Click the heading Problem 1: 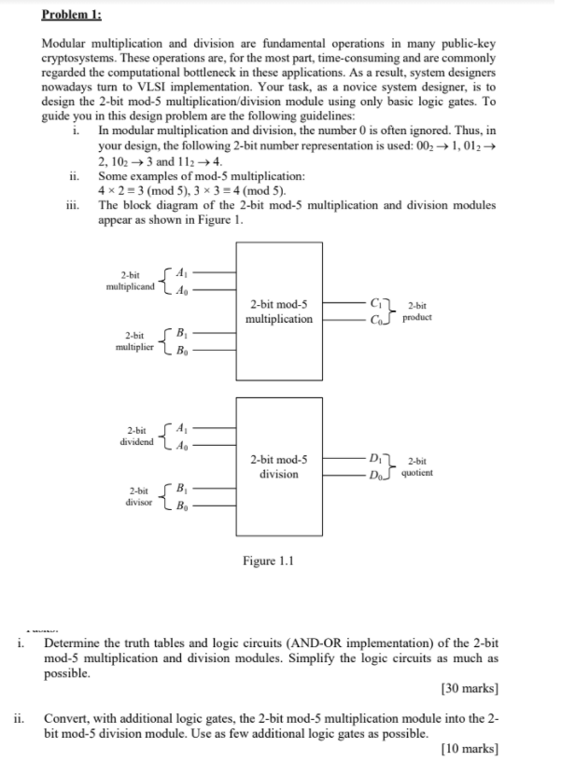[x=73, y=16]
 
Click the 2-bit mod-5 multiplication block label [x=279, y=311]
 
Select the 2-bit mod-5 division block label [x=279, y=466]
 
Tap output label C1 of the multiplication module [x=375, y=303]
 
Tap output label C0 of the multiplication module [x=375, y=319]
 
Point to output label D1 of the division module [x=375, y=457]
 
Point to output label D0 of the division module [x=375, y=474]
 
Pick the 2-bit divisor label [x=136, y=496]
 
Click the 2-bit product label [x=417, y=311]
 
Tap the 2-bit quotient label [x=416, y=466]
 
